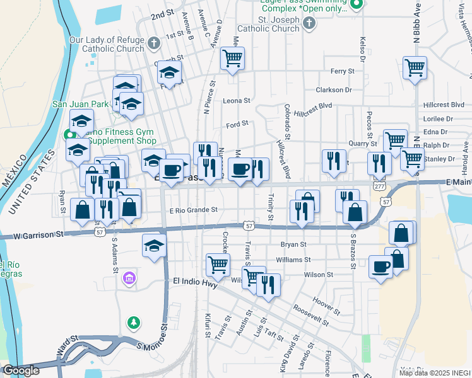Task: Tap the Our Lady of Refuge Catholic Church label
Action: pyautogui.click(x=107, y=44)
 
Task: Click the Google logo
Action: pyautogui.click(x=21, y=370)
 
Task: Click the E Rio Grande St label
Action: pyautogui.click(x=193, y=210)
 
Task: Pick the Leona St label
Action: pyautogui.click(x=237, y=101)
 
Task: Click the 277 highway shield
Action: pyautogui.click(x=379, y=186)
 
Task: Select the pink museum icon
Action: pyautogui.click(x=130, y=278)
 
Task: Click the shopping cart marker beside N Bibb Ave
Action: pyautogui.click(x=414, y=67)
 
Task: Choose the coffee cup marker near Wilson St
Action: pyautogui.click(x=381, y=267)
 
